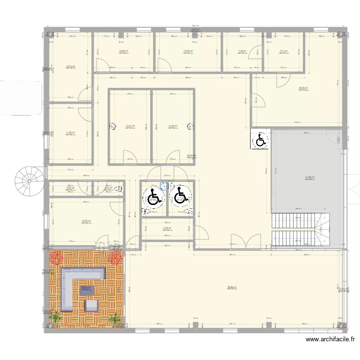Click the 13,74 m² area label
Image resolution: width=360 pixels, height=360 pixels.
click(70, 67)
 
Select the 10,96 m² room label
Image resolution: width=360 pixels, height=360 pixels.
click(123, 51)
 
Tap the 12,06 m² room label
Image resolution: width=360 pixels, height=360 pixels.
click(188, 51)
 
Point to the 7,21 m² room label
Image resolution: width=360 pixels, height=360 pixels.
click(284, 51)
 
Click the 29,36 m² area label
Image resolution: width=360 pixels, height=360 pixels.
click(303, 88)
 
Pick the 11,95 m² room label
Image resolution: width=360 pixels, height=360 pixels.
click(70, 133)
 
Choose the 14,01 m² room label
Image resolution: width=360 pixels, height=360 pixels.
click(130, 126)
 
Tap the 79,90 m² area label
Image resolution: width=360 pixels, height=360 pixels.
click(232, 288)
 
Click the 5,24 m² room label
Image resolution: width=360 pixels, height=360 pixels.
click(167, 228)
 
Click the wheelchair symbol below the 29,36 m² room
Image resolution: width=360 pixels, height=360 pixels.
click(260, 140)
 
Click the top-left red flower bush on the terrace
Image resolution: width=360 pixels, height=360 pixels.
click(57, 258)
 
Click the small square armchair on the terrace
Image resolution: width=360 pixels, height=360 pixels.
click(92, 305)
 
